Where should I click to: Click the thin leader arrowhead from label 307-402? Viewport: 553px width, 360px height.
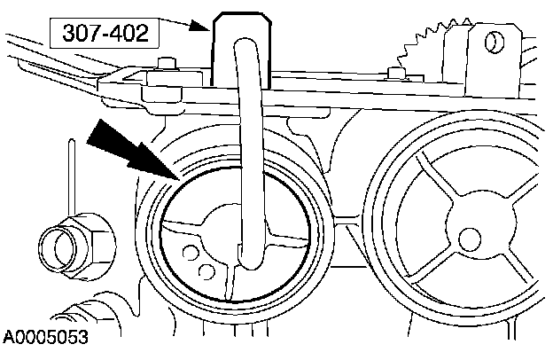(x=207, y=27)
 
